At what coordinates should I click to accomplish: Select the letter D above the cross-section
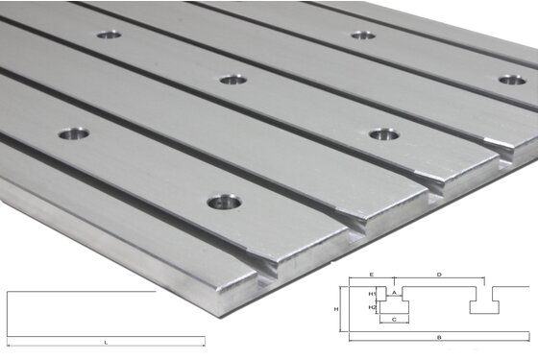pos(439,275)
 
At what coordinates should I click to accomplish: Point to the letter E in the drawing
pos(371,275)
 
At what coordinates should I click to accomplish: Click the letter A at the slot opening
pos(394,290)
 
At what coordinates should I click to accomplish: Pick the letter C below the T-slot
pos(394,317)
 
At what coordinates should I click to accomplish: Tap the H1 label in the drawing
pos(372,293)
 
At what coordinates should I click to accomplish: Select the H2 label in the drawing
pos(372,306)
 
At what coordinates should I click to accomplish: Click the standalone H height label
pos(336,308)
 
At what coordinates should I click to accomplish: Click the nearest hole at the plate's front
pos(225,203)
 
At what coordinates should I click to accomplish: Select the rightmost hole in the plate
pos(511,80)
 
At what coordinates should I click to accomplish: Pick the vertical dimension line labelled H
pos(344,309)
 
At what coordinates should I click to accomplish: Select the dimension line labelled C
pos(395,323)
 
